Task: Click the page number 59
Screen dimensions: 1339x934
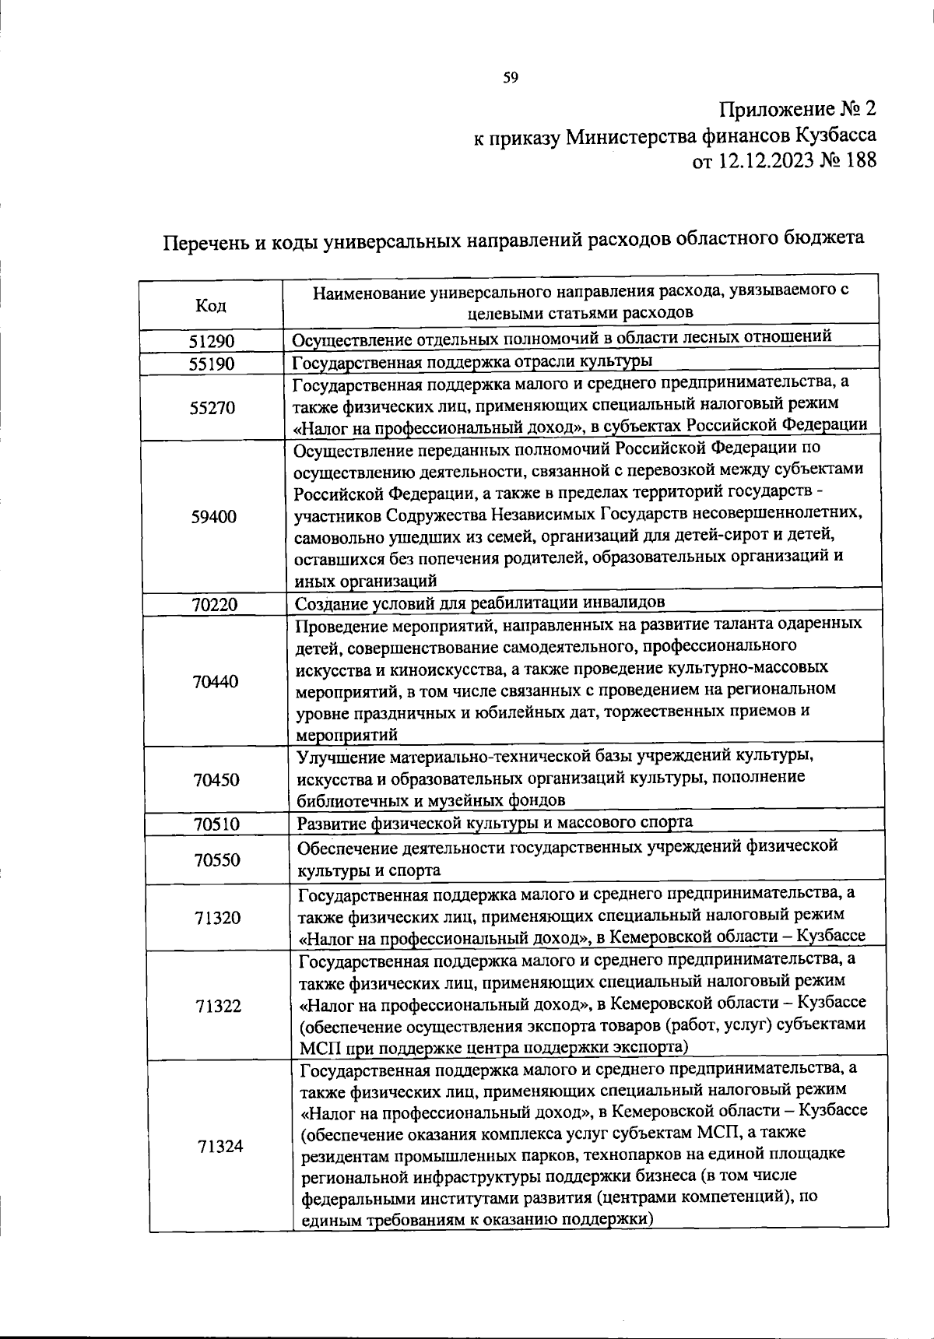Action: tap(511, 77)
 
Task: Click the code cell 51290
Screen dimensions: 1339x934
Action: tap(212, 341)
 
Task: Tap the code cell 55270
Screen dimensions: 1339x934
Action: tap(212, 407)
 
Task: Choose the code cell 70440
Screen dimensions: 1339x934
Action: tap(216, 682)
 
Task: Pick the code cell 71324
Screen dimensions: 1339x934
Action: tap(220, 1146)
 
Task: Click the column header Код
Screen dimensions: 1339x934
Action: tap(210, 306)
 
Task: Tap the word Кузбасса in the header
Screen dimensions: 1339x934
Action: tap(836, 135)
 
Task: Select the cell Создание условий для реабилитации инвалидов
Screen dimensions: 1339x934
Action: tap(480, 603)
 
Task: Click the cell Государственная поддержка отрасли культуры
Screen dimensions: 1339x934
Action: tap(472, 362)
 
